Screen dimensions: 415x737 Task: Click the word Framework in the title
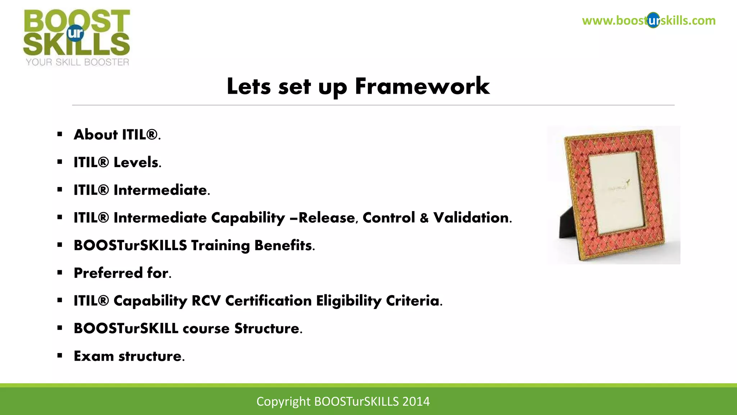pyautogui.click(x=422, y=86)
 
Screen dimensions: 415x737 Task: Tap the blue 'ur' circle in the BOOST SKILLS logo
pyautogui.click(x=75, y=33)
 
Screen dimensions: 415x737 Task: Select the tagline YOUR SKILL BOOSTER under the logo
pyautogui.click(x=77, y=62)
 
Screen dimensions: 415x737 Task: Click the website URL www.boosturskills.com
pyautogui.click(x=648, y=21)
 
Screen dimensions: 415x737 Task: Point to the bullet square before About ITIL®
pyautogui.click(x=60, y=135)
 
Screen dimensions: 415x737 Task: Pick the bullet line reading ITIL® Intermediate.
pyautogui.click(x=142, y=190)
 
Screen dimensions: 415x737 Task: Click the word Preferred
pyautogui.click(x=108, y=273)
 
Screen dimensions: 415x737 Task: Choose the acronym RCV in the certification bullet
pyautogui.click(x=206, y=301)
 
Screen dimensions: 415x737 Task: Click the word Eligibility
pyautogui.click(x=348, y=301)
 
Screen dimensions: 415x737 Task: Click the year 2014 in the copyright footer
pyautogui.click(x=416, y=401)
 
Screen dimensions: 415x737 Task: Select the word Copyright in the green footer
pyautogui.click(x=283, y=401)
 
